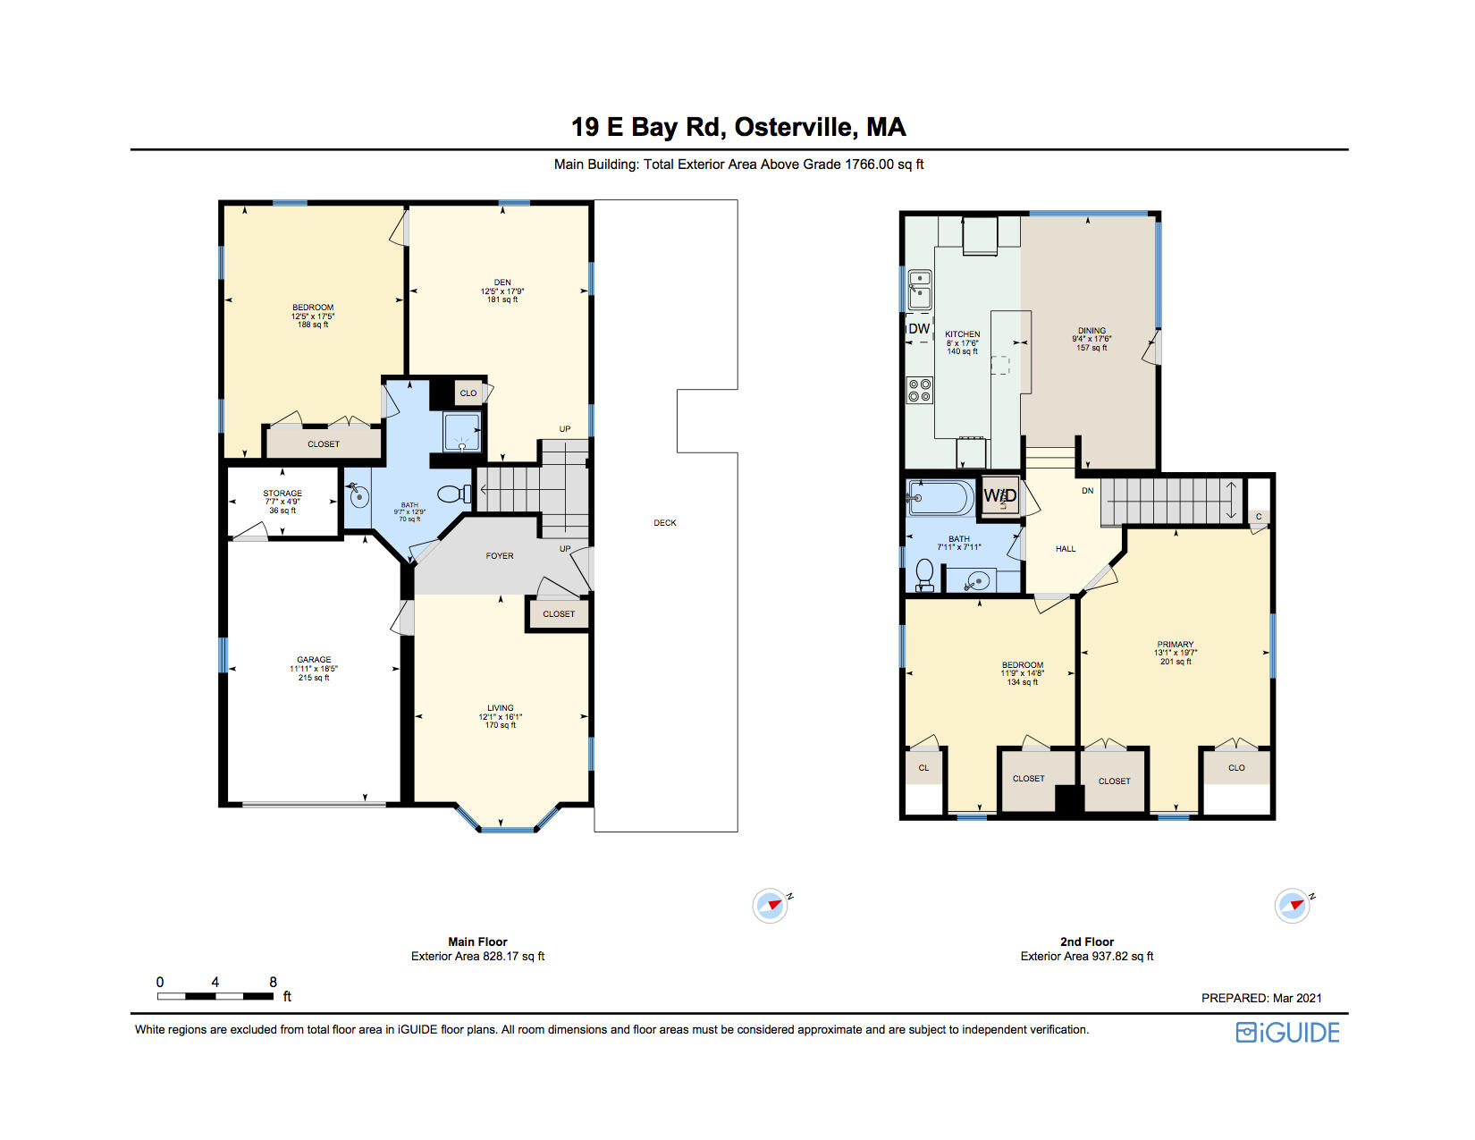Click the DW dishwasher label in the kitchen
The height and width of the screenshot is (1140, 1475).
tap(919, 328)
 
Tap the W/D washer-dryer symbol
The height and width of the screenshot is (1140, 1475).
tap(999, 496)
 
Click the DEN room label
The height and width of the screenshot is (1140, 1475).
tap(502, 283)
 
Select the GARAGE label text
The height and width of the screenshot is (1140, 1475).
tap(314, 660)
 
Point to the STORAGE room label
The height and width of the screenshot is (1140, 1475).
tap(282, 494)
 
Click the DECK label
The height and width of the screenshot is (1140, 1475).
tap(665, 523)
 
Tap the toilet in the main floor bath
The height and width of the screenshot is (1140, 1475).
tap(457, 494)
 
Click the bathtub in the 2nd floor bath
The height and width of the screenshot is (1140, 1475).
tap(940, 498)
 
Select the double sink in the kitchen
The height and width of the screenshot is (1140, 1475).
tap(920, 289)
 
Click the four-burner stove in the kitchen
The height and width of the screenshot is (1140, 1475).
tap(920, 390)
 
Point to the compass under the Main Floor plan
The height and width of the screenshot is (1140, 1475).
tap(771, 906)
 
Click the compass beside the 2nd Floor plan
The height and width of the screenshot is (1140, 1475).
tap(1293, 906)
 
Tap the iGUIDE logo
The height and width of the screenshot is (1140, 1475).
tap(1287, 1033)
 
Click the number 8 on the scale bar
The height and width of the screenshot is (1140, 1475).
tap(273, 982)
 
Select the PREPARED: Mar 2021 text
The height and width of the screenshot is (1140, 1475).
tap(1260, 998)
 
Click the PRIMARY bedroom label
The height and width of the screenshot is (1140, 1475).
tap(1176, 645)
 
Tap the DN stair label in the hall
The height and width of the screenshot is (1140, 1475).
tap(1088, 491)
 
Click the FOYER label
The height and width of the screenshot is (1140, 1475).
tap(500, 556)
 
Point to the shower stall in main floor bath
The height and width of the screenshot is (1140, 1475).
tap(462, 432)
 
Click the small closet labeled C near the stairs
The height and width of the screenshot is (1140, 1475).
tap(1259, 517)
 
